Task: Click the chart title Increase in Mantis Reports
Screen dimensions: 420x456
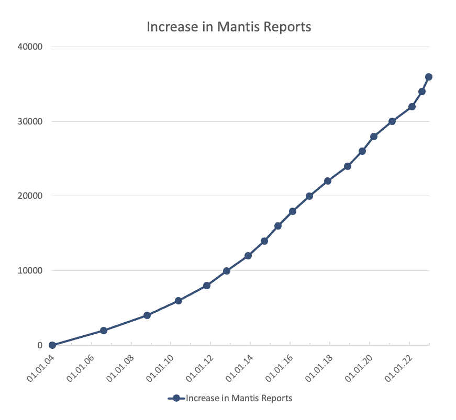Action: (x=229, y=27)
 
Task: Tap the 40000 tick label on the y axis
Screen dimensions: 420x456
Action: (x=31, y=47)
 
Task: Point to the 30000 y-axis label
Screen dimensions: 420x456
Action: (x=31, y=121)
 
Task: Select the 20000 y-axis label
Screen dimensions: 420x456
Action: (x=31, y=196)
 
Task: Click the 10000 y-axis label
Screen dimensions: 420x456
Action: (x=31, y=271)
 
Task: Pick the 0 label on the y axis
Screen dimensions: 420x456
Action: (x=40, y=345)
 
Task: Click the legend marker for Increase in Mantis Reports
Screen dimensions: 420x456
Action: (x=176, y=399)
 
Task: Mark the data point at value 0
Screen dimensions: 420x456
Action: (x=52, y=345)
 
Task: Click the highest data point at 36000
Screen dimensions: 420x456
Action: (x=429, y=77)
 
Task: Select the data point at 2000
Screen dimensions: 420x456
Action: (x=104, y=331)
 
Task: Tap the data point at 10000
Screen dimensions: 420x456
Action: (x=227, y=271)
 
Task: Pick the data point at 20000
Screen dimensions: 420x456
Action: (x=309, y=196)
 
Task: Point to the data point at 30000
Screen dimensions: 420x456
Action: (x=392, y=121)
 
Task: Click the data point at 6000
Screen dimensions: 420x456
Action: (x=179, y=301)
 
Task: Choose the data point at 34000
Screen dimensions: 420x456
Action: (x=422, y=92)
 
